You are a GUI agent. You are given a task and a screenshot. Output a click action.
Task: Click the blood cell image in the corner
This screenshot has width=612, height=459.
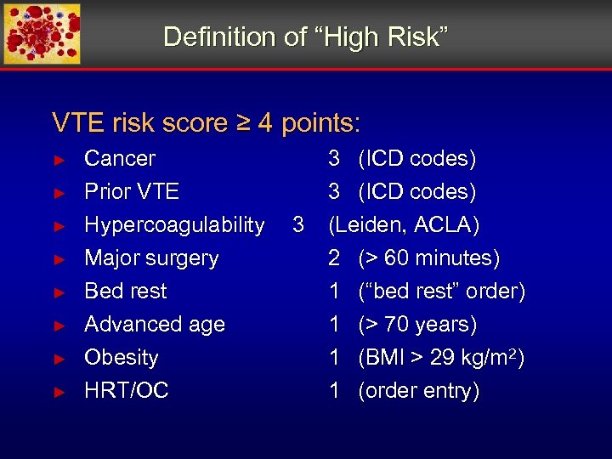42,34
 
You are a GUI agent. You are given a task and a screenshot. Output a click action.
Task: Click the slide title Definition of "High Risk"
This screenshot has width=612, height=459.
305,37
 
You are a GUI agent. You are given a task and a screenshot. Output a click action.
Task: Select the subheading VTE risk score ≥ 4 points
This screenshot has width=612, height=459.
206,123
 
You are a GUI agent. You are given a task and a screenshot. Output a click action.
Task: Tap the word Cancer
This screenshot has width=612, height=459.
120,159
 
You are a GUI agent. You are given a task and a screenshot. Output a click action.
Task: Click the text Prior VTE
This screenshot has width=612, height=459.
132,192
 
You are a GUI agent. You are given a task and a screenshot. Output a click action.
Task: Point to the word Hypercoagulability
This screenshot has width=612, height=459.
174,225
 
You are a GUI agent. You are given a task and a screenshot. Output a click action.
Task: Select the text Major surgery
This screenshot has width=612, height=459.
151,258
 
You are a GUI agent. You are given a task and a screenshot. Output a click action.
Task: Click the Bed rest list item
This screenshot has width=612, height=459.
126,292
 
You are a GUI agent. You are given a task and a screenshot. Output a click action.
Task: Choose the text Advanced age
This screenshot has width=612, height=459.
155,325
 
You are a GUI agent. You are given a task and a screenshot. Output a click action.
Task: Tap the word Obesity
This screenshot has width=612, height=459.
122,358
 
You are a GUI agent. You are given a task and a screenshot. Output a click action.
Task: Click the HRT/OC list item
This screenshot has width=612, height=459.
127,391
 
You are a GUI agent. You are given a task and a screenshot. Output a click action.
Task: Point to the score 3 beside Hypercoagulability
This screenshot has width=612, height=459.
297,225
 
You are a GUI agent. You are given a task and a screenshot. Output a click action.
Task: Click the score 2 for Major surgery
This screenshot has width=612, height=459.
335,258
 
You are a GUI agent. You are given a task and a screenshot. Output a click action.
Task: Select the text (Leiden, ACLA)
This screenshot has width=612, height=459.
404,225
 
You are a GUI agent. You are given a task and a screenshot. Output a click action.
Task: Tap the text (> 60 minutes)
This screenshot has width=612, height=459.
429,258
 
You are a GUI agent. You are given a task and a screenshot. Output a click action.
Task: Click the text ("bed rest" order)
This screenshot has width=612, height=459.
442,292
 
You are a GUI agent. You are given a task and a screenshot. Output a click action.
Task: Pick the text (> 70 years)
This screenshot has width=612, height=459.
417,325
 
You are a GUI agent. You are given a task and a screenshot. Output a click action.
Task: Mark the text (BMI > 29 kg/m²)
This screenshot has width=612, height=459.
441,358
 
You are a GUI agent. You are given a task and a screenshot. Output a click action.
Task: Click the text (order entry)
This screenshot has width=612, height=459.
419,391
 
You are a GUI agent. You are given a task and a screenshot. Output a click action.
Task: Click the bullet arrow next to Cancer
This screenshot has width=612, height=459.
59,160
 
